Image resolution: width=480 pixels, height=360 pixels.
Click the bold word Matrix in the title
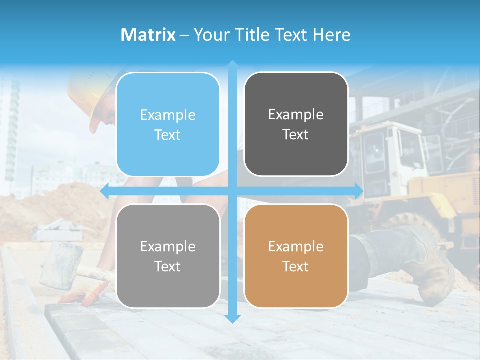click(x=148, y=35)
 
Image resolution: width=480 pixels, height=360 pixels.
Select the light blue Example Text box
click(x=168, y=124)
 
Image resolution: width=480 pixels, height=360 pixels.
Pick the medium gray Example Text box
click(x=168, y=256)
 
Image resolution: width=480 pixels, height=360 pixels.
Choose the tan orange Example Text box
click(x=296, y=256)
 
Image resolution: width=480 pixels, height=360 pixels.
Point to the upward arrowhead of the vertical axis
click(x=232, y=65)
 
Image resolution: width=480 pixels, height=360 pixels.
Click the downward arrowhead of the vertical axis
click(x=232, y=318)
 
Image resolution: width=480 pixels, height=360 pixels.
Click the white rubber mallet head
click(x=61, y=264)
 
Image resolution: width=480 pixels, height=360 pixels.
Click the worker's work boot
click(x=425, y=265)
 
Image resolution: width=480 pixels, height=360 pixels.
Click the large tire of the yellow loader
click(x=415, y=225)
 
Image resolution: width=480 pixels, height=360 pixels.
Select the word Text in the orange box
click(x=296, y=266)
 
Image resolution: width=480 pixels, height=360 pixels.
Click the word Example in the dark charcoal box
click(x=296, y=114)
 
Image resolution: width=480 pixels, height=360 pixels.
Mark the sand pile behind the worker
click(x=65, y=205)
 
